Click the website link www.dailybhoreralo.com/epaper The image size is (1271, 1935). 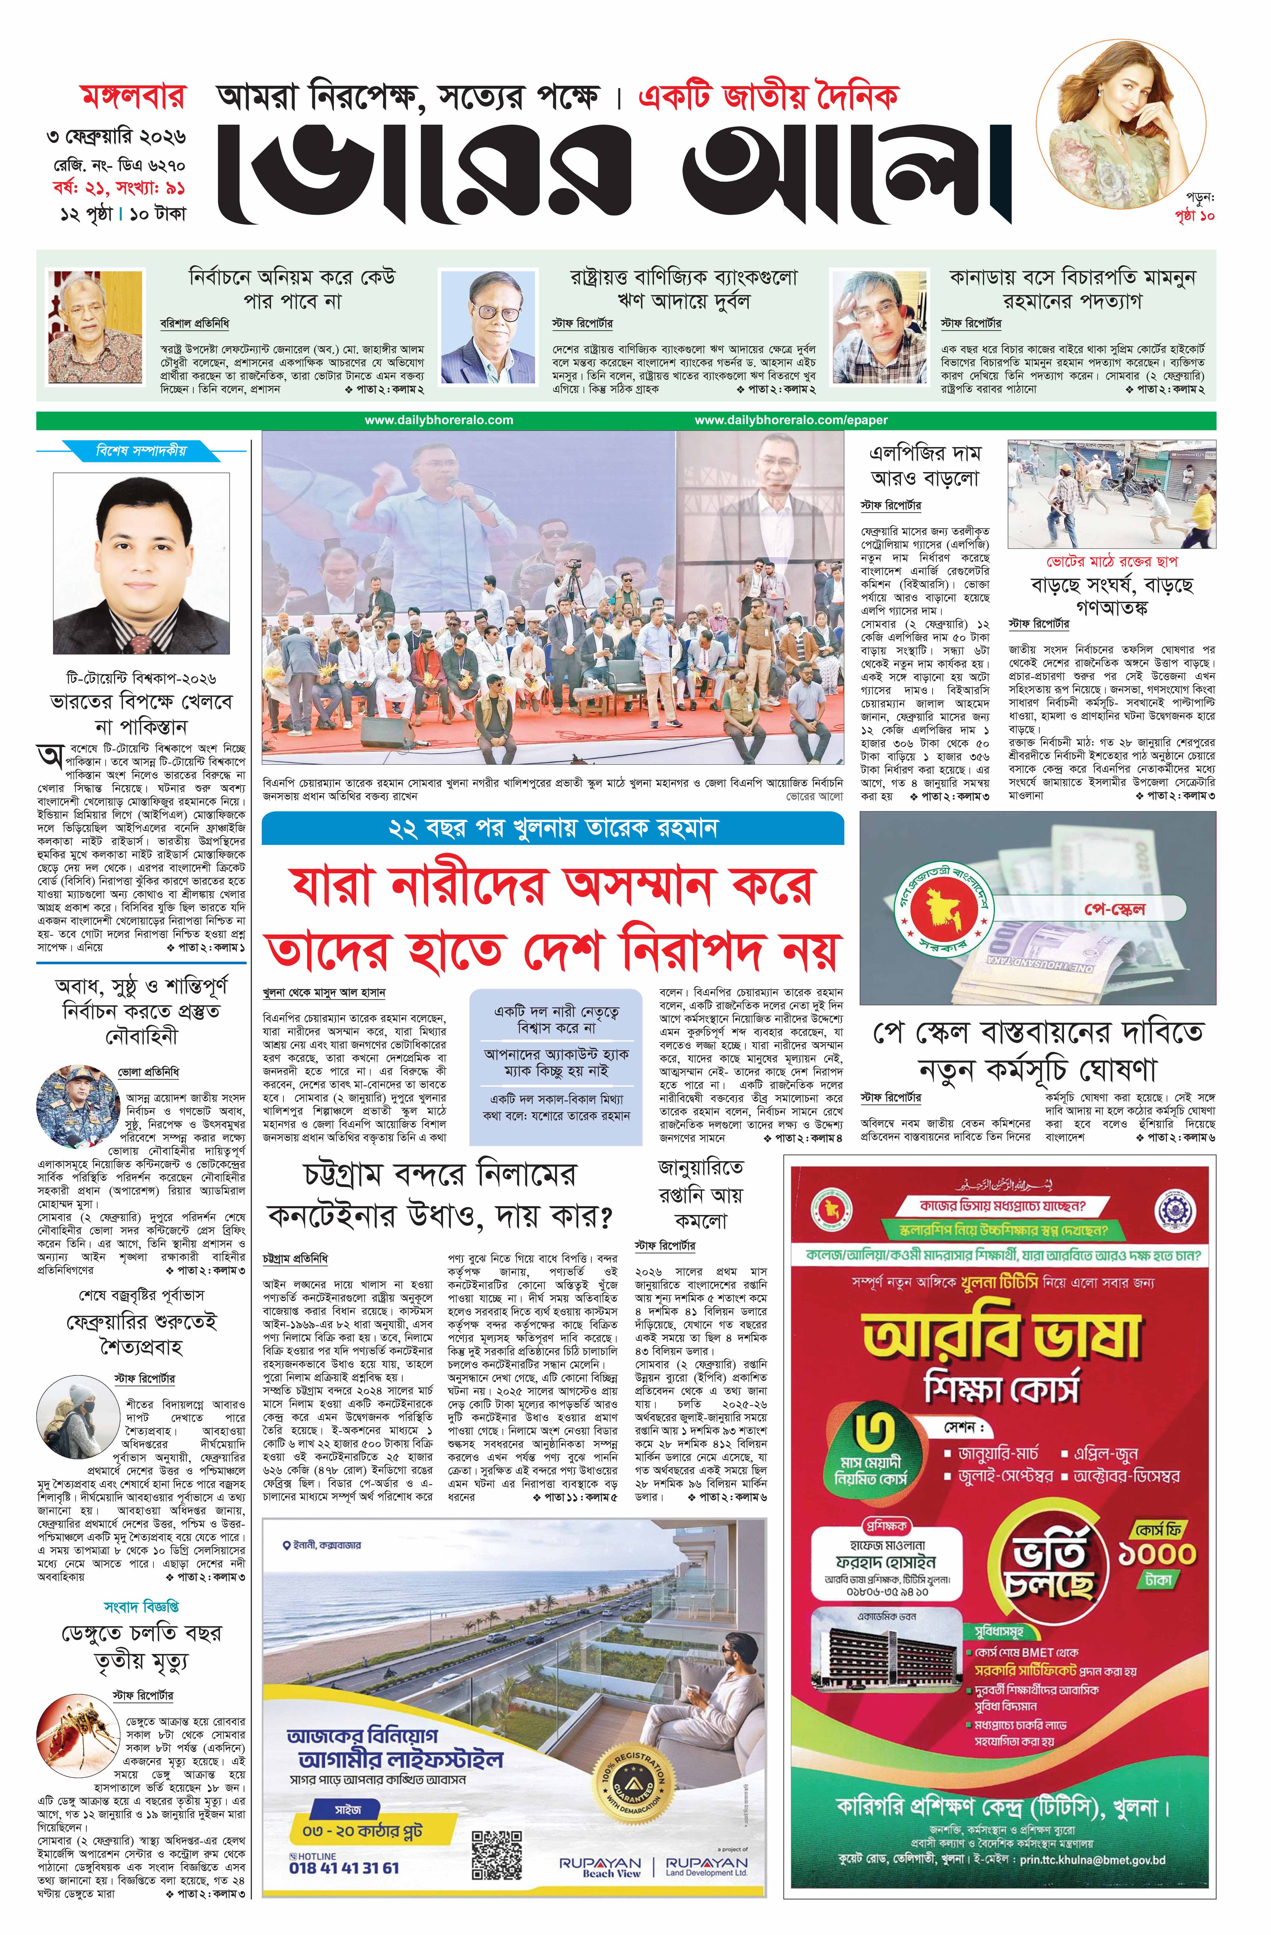coord(791,420)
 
